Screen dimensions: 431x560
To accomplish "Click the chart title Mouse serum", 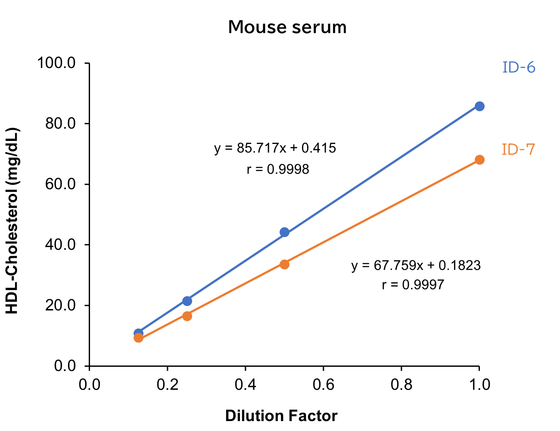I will tap(287, 27).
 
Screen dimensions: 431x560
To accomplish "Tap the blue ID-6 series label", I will tap(519, 68).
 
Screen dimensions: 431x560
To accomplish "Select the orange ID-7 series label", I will tap(518, 150).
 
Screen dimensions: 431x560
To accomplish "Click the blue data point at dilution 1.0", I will tap(479, 106).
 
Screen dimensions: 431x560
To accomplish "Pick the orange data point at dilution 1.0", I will tap(479, 160).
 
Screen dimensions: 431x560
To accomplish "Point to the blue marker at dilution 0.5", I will tap(284, 232).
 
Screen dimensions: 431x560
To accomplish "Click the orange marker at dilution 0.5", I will tap(284, 264).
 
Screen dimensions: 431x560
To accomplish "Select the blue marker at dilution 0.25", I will tap(187, 301).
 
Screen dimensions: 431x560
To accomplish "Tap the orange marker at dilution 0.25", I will tap(187, 316).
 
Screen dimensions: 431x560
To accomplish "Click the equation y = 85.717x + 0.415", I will tap(275, 149).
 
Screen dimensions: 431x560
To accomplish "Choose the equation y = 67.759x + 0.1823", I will tap(416, 265).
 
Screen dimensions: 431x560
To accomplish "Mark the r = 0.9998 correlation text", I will tap(278, 169).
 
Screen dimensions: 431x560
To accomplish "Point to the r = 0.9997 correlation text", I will tap(413, 285).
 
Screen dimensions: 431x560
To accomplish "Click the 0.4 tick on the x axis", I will tap(246, 384).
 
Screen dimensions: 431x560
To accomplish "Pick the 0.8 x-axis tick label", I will tap(401, 384).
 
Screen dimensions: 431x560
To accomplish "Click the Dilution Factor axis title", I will tap(281, 416).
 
